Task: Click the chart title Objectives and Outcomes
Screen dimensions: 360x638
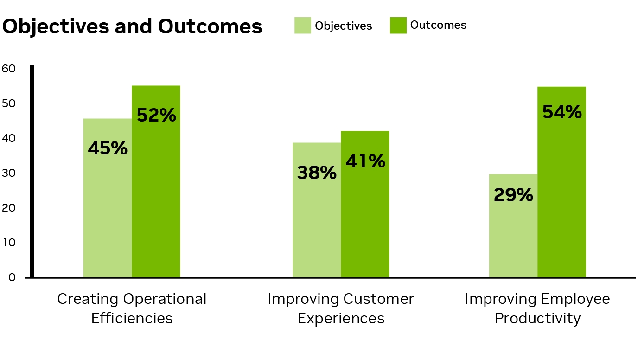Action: (132, 27)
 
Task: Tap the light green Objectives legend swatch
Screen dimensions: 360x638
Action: (302, 26)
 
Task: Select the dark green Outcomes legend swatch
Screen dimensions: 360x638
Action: (398, 25)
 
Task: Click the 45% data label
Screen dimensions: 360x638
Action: (107, 148)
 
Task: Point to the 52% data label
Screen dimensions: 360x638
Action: (156, 116)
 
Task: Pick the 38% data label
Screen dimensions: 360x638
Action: (317, 173)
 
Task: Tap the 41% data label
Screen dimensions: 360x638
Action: (365, 161)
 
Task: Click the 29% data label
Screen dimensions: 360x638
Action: (513, 195)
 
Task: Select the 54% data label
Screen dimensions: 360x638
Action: (562, 112)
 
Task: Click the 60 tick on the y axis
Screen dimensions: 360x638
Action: (9, 69)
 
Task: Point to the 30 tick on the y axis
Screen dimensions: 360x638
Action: (9, 173)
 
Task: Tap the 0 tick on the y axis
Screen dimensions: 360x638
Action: (12, 277)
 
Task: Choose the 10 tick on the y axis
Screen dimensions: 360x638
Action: (9, 243)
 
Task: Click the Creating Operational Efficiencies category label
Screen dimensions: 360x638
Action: (132, 309)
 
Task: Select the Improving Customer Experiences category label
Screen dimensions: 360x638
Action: (341, 309)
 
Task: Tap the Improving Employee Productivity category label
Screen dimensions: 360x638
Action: (537, 309)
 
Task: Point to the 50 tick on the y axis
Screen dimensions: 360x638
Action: (9, 103)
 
